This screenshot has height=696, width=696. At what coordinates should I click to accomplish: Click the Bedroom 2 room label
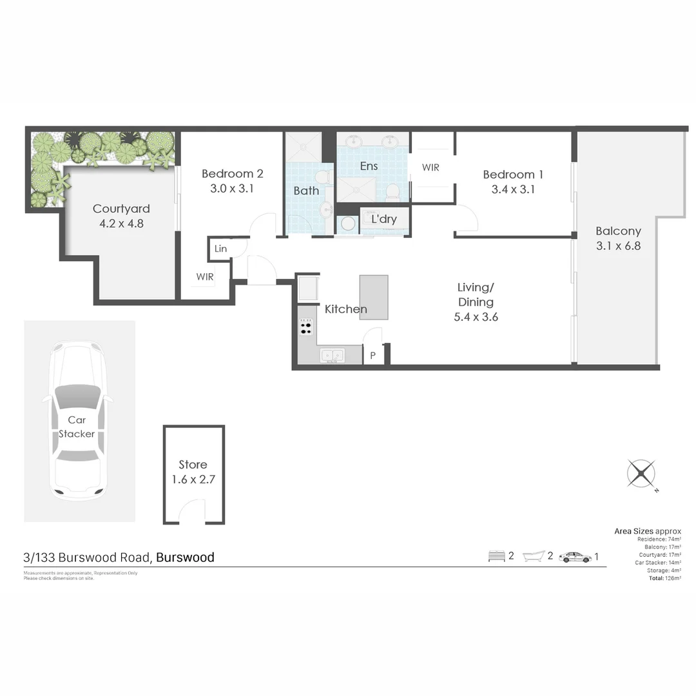[x=232, y=173]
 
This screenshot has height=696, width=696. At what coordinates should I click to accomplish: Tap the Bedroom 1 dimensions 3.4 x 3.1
[x=513, y=189]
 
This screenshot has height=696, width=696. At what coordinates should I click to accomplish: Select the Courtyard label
[x=121, y=208]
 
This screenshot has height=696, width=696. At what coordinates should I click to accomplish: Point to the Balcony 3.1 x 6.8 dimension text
[x=617, y=246]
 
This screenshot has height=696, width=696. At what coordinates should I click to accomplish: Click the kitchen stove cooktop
[x=305, y=327]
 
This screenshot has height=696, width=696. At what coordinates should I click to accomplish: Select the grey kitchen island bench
[x=374, y=297]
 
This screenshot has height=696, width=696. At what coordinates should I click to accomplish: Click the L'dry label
[x=383, y=219]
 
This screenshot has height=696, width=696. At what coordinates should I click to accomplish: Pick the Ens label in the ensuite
[x=369, y=166]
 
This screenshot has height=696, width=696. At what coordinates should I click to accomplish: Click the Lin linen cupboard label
[x=220, y=249]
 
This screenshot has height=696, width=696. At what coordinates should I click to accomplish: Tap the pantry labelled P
[x=372, y=355]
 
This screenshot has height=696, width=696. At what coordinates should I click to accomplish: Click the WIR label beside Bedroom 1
[x=430, y=168]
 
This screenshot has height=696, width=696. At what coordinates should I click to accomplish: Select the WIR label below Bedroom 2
[x=205, y=276]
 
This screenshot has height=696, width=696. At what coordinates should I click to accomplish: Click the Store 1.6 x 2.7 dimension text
[x=193, y=479]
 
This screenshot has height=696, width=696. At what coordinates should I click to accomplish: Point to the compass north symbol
[x=641, y=474]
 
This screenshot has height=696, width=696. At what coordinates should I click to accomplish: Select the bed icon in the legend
[x=496, y=556]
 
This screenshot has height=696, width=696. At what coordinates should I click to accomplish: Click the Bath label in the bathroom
[x=306, y=191]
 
